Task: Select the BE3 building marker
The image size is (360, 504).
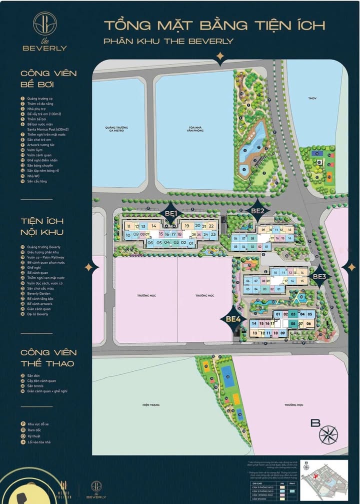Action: (319, 276)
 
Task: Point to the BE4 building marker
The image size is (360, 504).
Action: (233, 319)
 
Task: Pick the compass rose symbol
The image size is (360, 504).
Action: (328, 434)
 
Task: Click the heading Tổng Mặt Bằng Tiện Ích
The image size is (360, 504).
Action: (214, 25)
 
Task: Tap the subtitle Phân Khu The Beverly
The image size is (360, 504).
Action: (168, 41)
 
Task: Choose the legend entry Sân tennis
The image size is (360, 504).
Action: (36, 386)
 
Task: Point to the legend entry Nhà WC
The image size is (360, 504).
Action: (33, 176)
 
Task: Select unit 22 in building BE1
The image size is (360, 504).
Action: (211, 227)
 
